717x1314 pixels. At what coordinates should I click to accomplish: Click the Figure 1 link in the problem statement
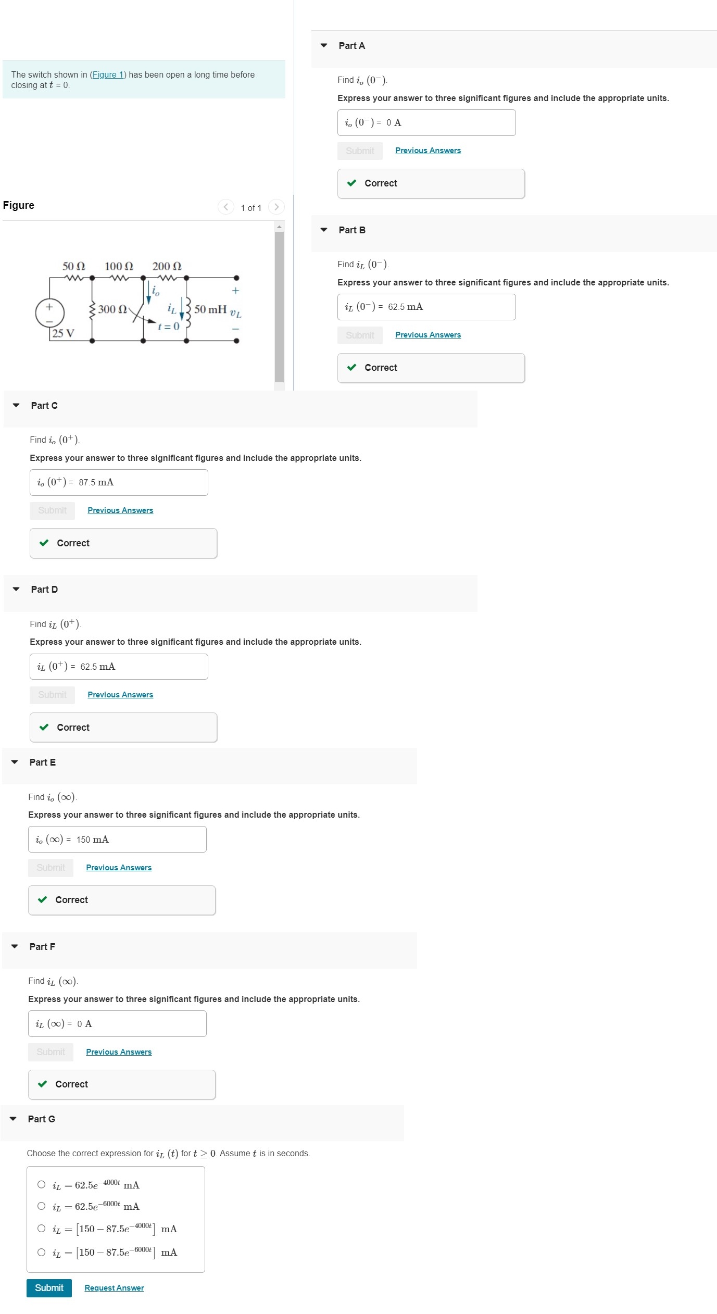108,75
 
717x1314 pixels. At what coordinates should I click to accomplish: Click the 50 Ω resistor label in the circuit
73,267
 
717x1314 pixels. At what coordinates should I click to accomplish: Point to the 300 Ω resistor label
112,309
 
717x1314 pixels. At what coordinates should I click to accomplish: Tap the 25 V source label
64,333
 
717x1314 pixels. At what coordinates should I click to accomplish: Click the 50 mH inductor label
210,309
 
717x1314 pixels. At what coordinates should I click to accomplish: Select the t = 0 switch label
169,327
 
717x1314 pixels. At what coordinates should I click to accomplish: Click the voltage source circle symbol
50,313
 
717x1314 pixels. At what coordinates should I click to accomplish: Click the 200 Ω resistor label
167,267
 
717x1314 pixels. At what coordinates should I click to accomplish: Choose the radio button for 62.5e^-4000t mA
42,1184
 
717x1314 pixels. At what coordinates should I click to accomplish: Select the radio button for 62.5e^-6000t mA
42,1206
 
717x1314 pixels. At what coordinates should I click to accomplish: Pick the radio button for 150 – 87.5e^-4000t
42,1228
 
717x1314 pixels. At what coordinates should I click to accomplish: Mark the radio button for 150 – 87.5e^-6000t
42,1252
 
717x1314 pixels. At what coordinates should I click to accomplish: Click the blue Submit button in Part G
49,1287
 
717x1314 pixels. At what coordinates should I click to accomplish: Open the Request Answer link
114,1287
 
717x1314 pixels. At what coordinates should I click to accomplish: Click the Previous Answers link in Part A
428,151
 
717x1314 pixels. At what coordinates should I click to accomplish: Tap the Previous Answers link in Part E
119,867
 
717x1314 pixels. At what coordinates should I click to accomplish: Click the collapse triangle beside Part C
16,405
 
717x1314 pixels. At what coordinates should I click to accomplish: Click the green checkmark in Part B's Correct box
352,367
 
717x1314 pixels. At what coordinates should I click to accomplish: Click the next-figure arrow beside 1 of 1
276,207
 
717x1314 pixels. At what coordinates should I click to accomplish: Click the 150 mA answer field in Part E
117,839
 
